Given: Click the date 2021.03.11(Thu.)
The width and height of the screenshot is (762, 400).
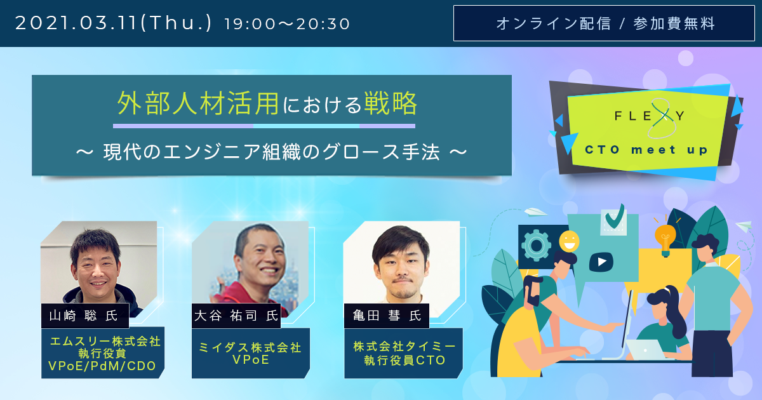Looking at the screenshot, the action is coord(114,23).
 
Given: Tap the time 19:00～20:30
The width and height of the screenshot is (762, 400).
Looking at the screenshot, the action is coord(287,24).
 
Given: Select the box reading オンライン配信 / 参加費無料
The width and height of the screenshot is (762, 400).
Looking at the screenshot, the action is coord(604,23).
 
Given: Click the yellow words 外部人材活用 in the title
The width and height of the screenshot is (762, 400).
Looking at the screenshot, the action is coord(197,103).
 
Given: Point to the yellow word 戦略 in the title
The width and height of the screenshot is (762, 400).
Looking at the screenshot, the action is coord(391,103).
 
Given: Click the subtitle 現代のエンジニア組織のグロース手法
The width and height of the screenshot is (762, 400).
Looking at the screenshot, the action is coord(272,152).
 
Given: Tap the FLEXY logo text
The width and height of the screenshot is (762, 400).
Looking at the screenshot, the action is coord(649,116).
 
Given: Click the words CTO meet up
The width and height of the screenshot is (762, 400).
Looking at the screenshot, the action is coord(646,150).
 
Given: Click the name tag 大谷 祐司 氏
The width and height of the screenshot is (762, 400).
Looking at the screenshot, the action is coord(236,316).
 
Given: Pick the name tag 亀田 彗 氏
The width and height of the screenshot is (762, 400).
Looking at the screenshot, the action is coord(387,316).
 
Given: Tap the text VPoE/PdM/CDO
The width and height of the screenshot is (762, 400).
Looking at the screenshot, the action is coord(102,366).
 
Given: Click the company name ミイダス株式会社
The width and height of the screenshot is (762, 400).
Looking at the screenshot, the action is coord(250,348).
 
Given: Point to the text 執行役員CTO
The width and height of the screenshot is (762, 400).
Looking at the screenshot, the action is coord(404,360).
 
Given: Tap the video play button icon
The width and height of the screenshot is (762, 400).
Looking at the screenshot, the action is coord(601,262).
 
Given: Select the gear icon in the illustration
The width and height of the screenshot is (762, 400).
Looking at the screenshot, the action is coord(536,245).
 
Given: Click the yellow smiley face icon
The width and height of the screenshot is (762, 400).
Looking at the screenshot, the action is coord(569,241).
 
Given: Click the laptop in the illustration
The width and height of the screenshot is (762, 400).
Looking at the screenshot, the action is coord(646,349).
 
